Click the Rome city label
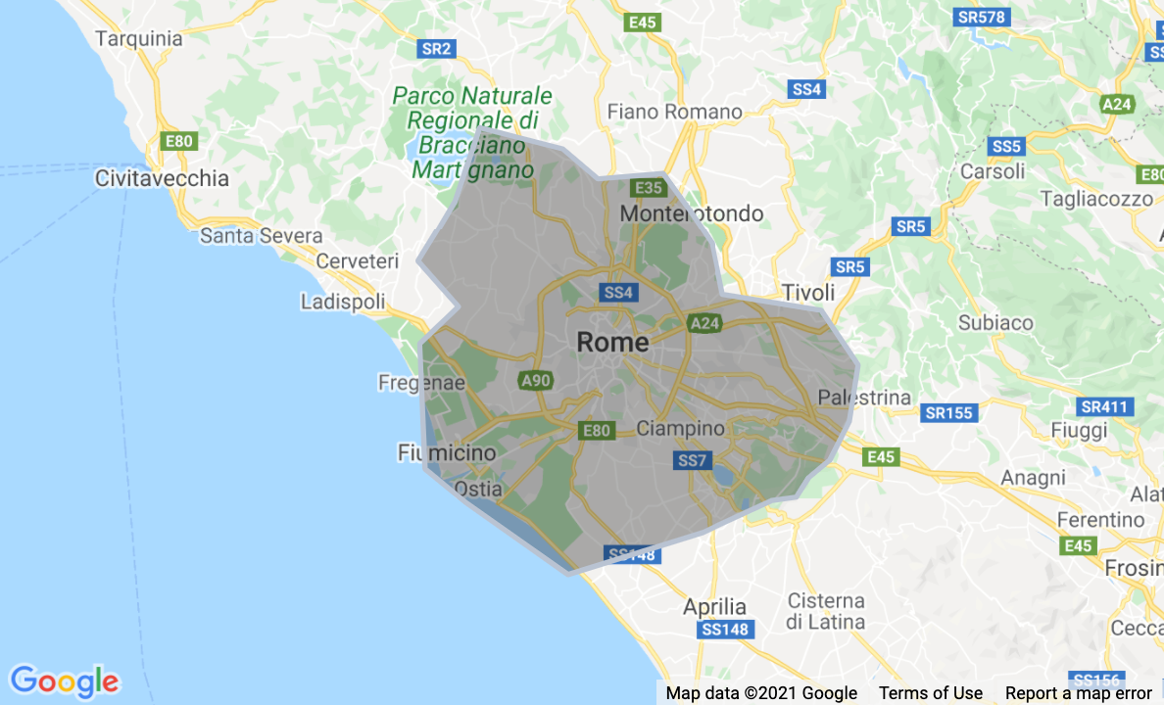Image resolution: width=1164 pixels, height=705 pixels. coord(612,342)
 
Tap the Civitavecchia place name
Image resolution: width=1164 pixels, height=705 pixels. coord(162,178)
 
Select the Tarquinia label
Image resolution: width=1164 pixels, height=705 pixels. coord(139,39)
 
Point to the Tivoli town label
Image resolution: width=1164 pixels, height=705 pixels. coord(808,293)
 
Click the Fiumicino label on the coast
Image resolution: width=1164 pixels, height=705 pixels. coord(447,452)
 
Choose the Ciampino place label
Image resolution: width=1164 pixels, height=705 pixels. coord(681,428)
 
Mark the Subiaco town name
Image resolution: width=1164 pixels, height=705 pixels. coord(995,322)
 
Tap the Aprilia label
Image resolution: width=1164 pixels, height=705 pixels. coord(714,606)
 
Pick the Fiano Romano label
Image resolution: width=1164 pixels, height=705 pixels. coord(675,112)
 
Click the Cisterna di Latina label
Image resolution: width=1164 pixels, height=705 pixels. coord(825,611)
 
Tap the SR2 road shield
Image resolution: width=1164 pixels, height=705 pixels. coord(436,48)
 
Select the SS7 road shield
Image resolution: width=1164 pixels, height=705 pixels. coord(692,460)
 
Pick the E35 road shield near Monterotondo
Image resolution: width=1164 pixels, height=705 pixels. coord(649,187)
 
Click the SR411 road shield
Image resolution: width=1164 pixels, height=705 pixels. coord(1104,406)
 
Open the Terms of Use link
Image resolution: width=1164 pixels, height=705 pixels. coord(931,693)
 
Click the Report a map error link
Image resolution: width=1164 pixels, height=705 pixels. coord(1079,693)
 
